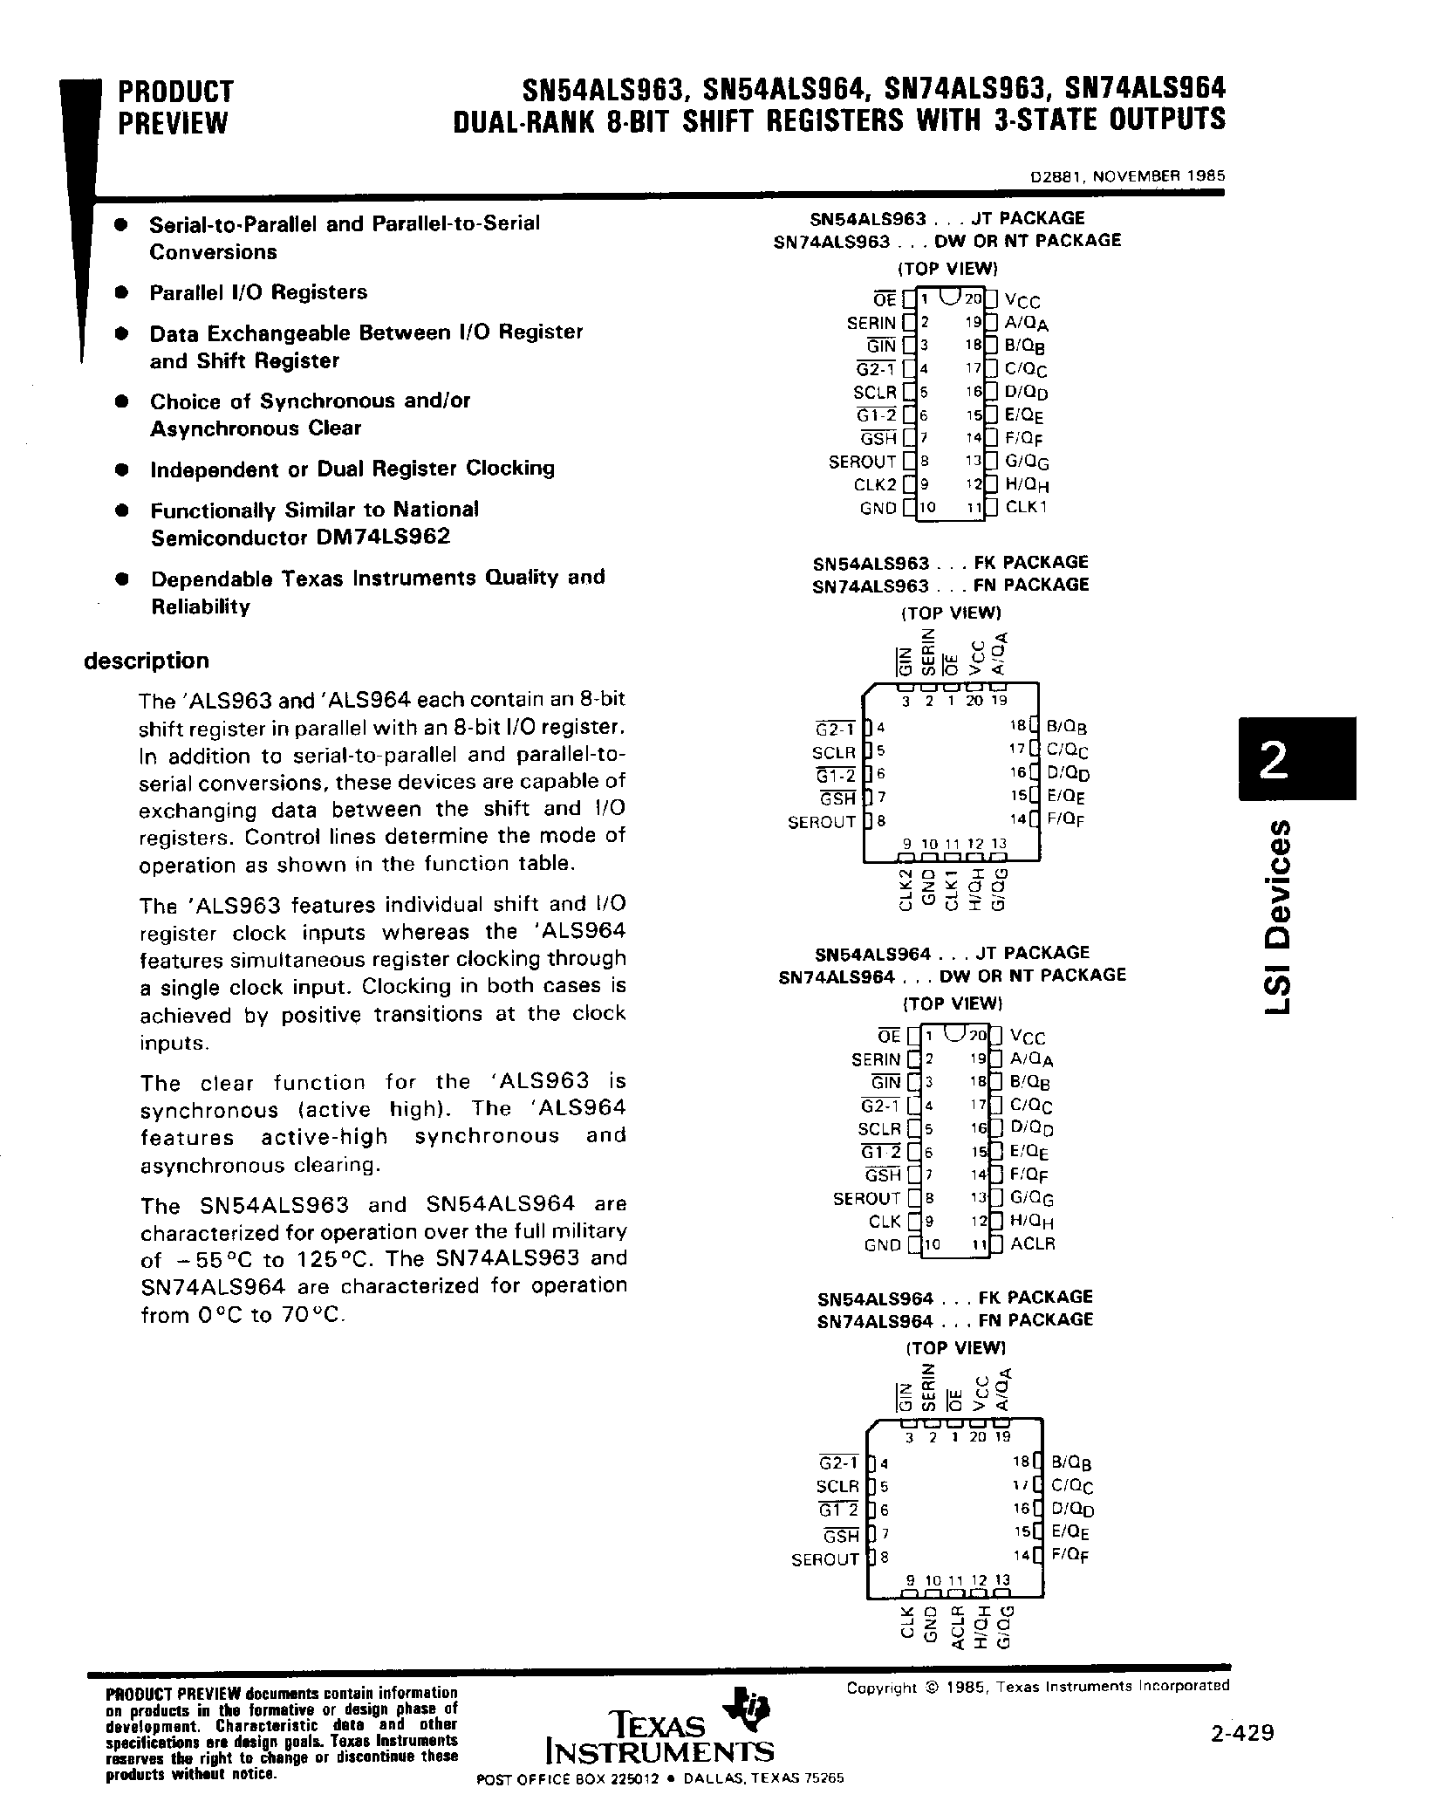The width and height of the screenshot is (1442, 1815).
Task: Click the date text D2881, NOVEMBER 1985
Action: click(x=1127, y=175)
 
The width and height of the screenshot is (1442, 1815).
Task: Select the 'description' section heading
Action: click(x=147, y=661)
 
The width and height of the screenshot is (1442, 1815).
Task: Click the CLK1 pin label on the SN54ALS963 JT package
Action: click(x=1025, y=507)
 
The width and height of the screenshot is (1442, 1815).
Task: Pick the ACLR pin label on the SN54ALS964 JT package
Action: click(x=1032, y=1243)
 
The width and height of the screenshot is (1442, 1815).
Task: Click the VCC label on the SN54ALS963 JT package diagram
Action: click(x=1022, y=301)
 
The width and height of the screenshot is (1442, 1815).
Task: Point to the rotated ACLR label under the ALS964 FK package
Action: click(x=956, y=1628)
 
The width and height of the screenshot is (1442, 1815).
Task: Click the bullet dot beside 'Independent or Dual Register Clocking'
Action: click(x=123, y=469)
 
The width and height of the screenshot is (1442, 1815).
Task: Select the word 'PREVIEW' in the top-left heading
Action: click(x=173, y=124)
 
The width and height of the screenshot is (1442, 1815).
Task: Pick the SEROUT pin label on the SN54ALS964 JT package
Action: click(x=865, y=1198)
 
